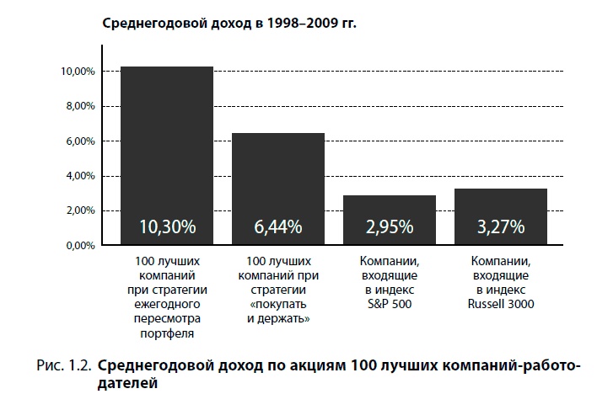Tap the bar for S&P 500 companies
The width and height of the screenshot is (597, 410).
(x=389, y=210)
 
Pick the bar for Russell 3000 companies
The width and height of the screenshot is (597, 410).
(x=500, y=207)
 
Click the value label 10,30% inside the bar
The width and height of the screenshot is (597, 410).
(x=167, y=226)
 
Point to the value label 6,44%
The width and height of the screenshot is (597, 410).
(x=277, y=226)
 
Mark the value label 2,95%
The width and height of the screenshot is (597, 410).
(x=389, y=226)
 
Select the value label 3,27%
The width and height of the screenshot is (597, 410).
(x=500, y=226)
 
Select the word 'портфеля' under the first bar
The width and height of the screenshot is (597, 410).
(x=166, y=333)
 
